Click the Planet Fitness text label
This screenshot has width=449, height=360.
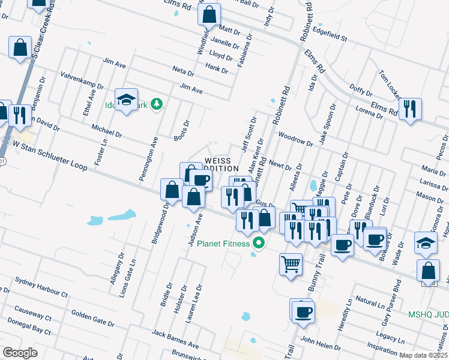(x=223, y=244)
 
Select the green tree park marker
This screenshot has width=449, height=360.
(x=157, y=104)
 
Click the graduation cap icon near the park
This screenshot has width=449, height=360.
(x=127, y=100)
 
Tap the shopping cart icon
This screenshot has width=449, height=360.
(x=291, y=263)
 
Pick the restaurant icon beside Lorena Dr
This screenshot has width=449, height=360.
(x=410, y=109)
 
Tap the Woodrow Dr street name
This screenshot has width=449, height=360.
(x=296, y=140)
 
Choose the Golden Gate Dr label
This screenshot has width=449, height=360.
(x=92, y=318)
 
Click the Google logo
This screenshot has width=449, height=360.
(x=20, y=353)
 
